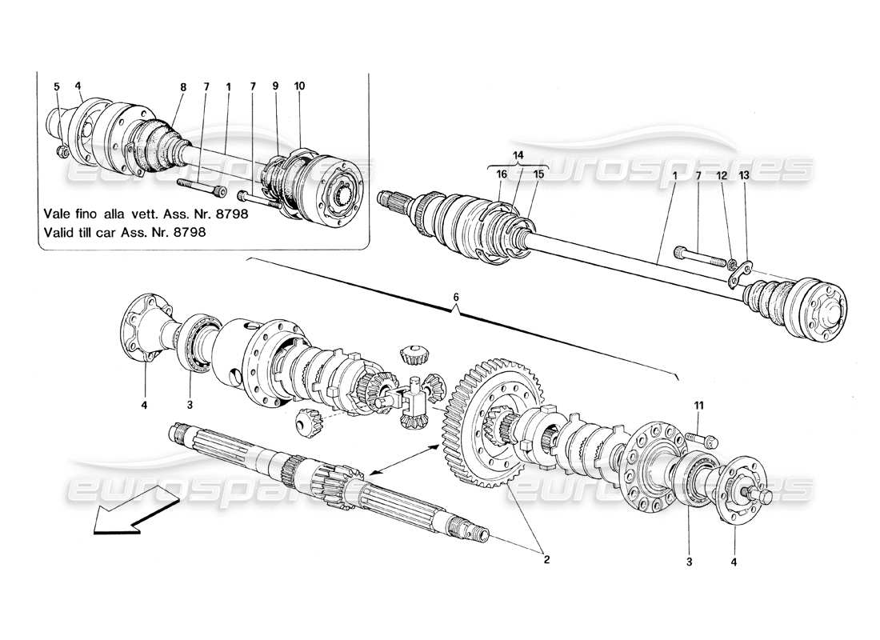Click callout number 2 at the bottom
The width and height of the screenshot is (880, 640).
(x=546, y=560)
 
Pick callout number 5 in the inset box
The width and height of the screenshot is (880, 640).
(x=57, y=86)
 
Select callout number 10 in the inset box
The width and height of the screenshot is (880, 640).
(x=300, y=86)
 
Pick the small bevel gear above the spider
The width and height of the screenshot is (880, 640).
(x=414, y=353)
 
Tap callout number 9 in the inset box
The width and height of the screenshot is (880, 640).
(x=276, y=86)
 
